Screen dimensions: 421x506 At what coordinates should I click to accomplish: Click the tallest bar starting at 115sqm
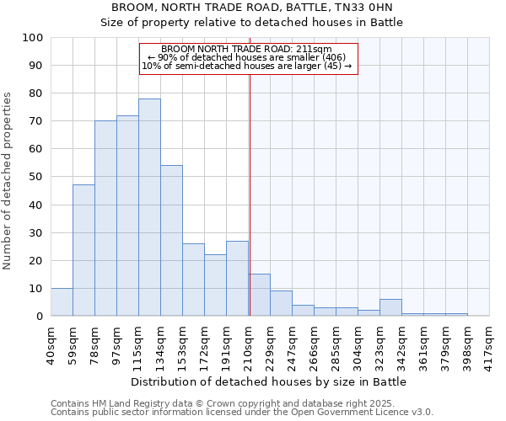(149, 207)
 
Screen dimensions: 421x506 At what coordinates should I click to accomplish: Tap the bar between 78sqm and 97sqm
(105, 218)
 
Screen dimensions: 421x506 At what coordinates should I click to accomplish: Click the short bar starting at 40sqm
(62, 302)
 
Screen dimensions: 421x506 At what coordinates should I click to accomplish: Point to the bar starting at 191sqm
(237, 279)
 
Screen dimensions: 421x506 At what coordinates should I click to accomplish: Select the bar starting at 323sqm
(390, 307)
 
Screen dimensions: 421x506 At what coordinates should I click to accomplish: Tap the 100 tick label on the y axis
(32, 38)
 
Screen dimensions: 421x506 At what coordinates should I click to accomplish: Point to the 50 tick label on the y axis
(35, 177)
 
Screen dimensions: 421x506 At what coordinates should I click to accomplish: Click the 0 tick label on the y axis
(39, 316)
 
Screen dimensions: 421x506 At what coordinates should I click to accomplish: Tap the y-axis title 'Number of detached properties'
(8, 177)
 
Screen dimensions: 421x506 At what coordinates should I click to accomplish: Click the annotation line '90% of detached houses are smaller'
(248, 57)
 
